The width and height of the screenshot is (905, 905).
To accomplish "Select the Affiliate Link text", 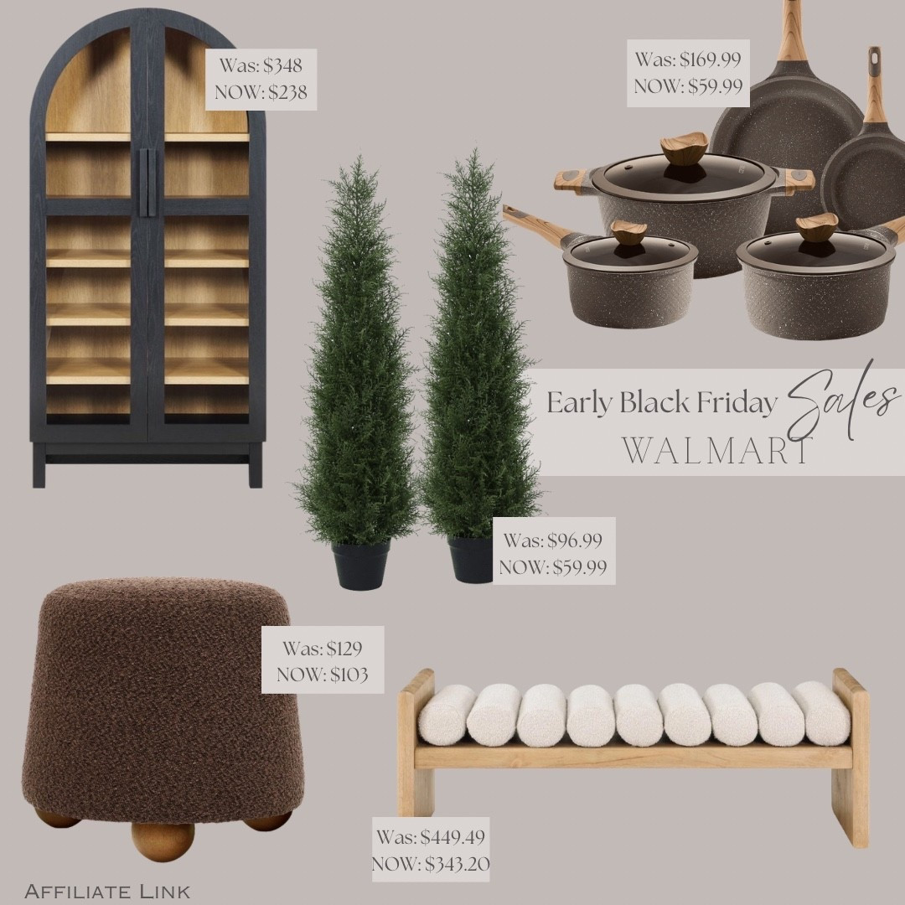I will click(x=107, y=890).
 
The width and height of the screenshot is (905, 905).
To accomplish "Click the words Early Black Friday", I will click(x=661, y=403).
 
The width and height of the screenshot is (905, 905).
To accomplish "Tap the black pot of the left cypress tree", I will click(x=361, y=564).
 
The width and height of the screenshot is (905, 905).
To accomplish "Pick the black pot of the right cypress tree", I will click(x=472, y=559).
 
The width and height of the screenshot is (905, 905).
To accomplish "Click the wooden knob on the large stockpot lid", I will click(x=684, y=149).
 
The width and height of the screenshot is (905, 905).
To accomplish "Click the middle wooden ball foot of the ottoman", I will click(x=163, y=839).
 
